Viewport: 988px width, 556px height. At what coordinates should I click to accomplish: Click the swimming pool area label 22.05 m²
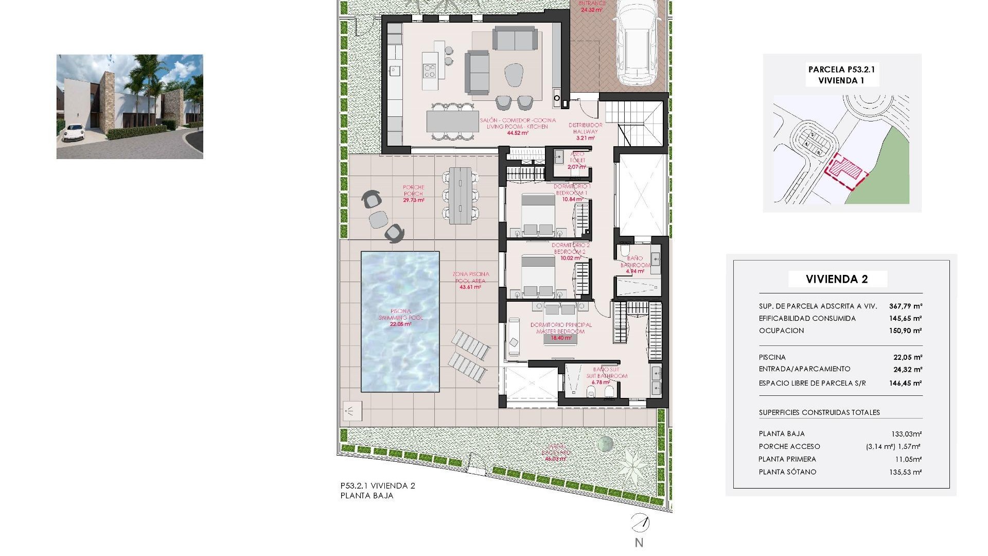[x=400, y=324]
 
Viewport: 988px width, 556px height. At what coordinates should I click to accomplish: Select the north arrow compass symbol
[x=640, y=523]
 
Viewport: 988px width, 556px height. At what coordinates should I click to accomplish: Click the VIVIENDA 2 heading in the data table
[x=837, y=279]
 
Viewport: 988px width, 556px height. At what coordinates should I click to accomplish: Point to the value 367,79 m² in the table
[x=906, y=306]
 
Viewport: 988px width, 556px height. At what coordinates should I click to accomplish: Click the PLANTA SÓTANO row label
[x=787, y=472]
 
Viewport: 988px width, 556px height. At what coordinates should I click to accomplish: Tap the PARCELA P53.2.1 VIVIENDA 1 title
[x=841, y=75]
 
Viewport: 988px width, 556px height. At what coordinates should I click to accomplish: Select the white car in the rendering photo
[x=74, y=132]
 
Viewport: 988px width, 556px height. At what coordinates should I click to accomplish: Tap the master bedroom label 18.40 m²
[x=561, y=338]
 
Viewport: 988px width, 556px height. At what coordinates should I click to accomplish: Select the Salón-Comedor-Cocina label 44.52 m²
[x=518, y=133]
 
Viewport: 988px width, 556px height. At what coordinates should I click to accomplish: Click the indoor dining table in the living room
[x=452, y=122]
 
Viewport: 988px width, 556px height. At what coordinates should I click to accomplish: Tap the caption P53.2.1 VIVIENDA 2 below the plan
[x=378, y=485]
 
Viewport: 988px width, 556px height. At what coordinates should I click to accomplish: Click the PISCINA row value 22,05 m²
[x=908, y=357]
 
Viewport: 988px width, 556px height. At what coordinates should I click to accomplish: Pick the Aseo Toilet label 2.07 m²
[x=577, y=167]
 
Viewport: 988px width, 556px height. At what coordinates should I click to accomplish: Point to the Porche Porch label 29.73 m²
[x=413, y=200]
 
